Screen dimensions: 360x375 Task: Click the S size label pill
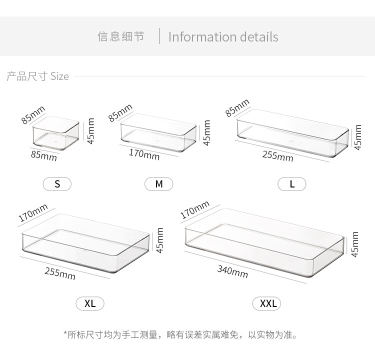pyautogui.click(x=57, y=184)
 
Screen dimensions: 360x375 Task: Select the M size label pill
pyautogui.click(x=159, y=184)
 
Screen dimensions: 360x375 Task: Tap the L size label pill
pyautogui.click(x=292, y=184)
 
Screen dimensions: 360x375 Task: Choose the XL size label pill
pyautogui.click(x=90, y=303)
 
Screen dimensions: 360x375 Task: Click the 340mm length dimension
pyautogui.click(x=232, y=271)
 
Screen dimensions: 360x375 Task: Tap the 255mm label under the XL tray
pyautogui.click(x=60, y=273)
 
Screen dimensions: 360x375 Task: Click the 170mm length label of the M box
pyautogui.click(x=144, y=154)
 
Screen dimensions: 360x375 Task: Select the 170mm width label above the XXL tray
pyautogui.click(x=195, y=209)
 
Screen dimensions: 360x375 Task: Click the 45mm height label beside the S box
pyautogui.click(x=90, y=131)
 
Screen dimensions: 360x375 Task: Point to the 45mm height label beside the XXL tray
pyautogui.click(x=355, y=244)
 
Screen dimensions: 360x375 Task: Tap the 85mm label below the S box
pyautogui.click(x=44, y=156)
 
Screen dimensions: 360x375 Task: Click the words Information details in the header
pyautogui.click(x=223, y=37)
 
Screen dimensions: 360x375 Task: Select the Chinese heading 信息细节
pyautogui.click(x=120, y=37)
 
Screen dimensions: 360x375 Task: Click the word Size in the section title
pyautogui.click(x=59, y=76)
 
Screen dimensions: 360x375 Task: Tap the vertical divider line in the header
pyautogui.click(x=159, y=36)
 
